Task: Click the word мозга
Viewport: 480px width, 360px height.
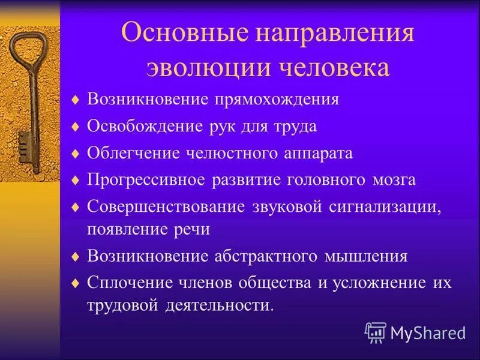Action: (x=394, y=180)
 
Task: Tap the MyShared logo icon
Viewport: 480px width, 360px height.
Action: (x=376, y=332)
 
